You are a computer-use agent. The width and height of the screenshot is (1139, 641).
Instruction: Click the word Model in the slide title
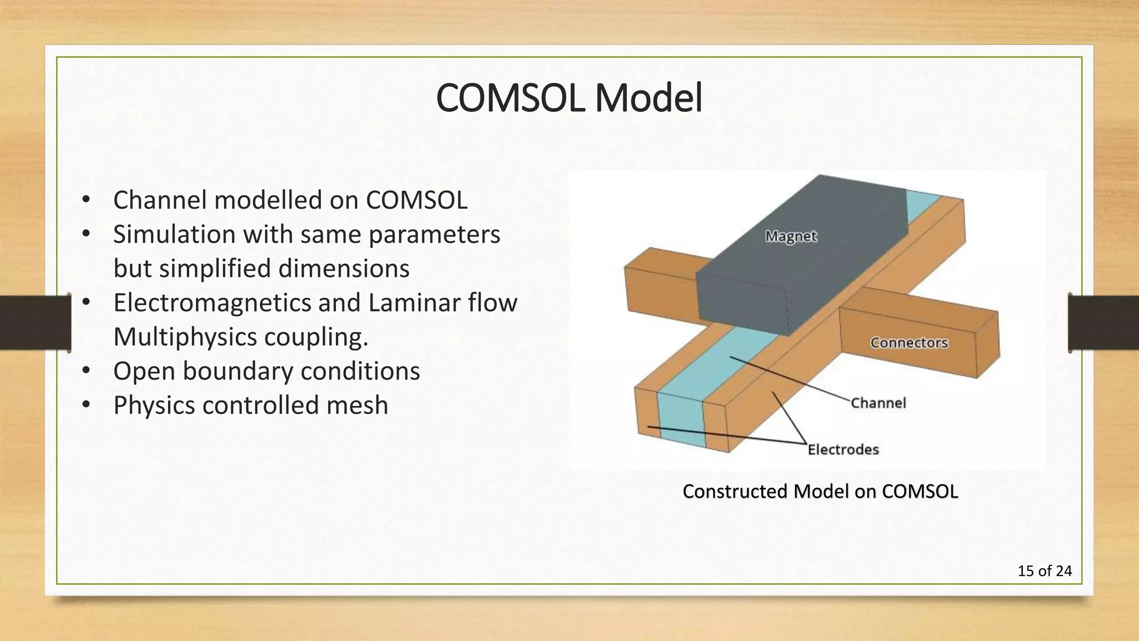coord(648,98)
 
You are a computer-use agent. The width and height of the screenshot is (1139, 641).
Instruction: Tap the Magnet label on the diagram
coord(790,236)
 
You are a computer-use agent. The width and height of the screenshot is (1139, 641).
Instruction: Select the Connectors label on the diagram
coord(909,343)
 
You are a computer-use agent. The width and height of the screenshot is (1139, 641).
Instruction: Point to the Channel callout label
coord(878,403)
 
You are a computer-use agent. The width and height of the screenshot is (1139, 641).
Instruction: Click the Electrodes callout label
coord(843,450)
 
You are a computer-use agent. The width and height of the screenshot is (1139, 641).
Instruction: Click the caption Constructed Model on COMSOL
coord(820,491)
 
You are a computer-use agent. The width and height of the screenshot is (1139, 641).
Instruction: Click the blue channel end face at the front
coord(681,420)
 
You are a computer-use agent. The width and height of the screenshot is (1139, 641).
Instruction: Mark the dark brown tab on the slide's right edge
coord(1103,323)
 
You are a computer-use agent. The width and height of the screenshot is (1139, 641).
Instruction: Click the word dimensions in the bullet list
coord(343,269)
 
